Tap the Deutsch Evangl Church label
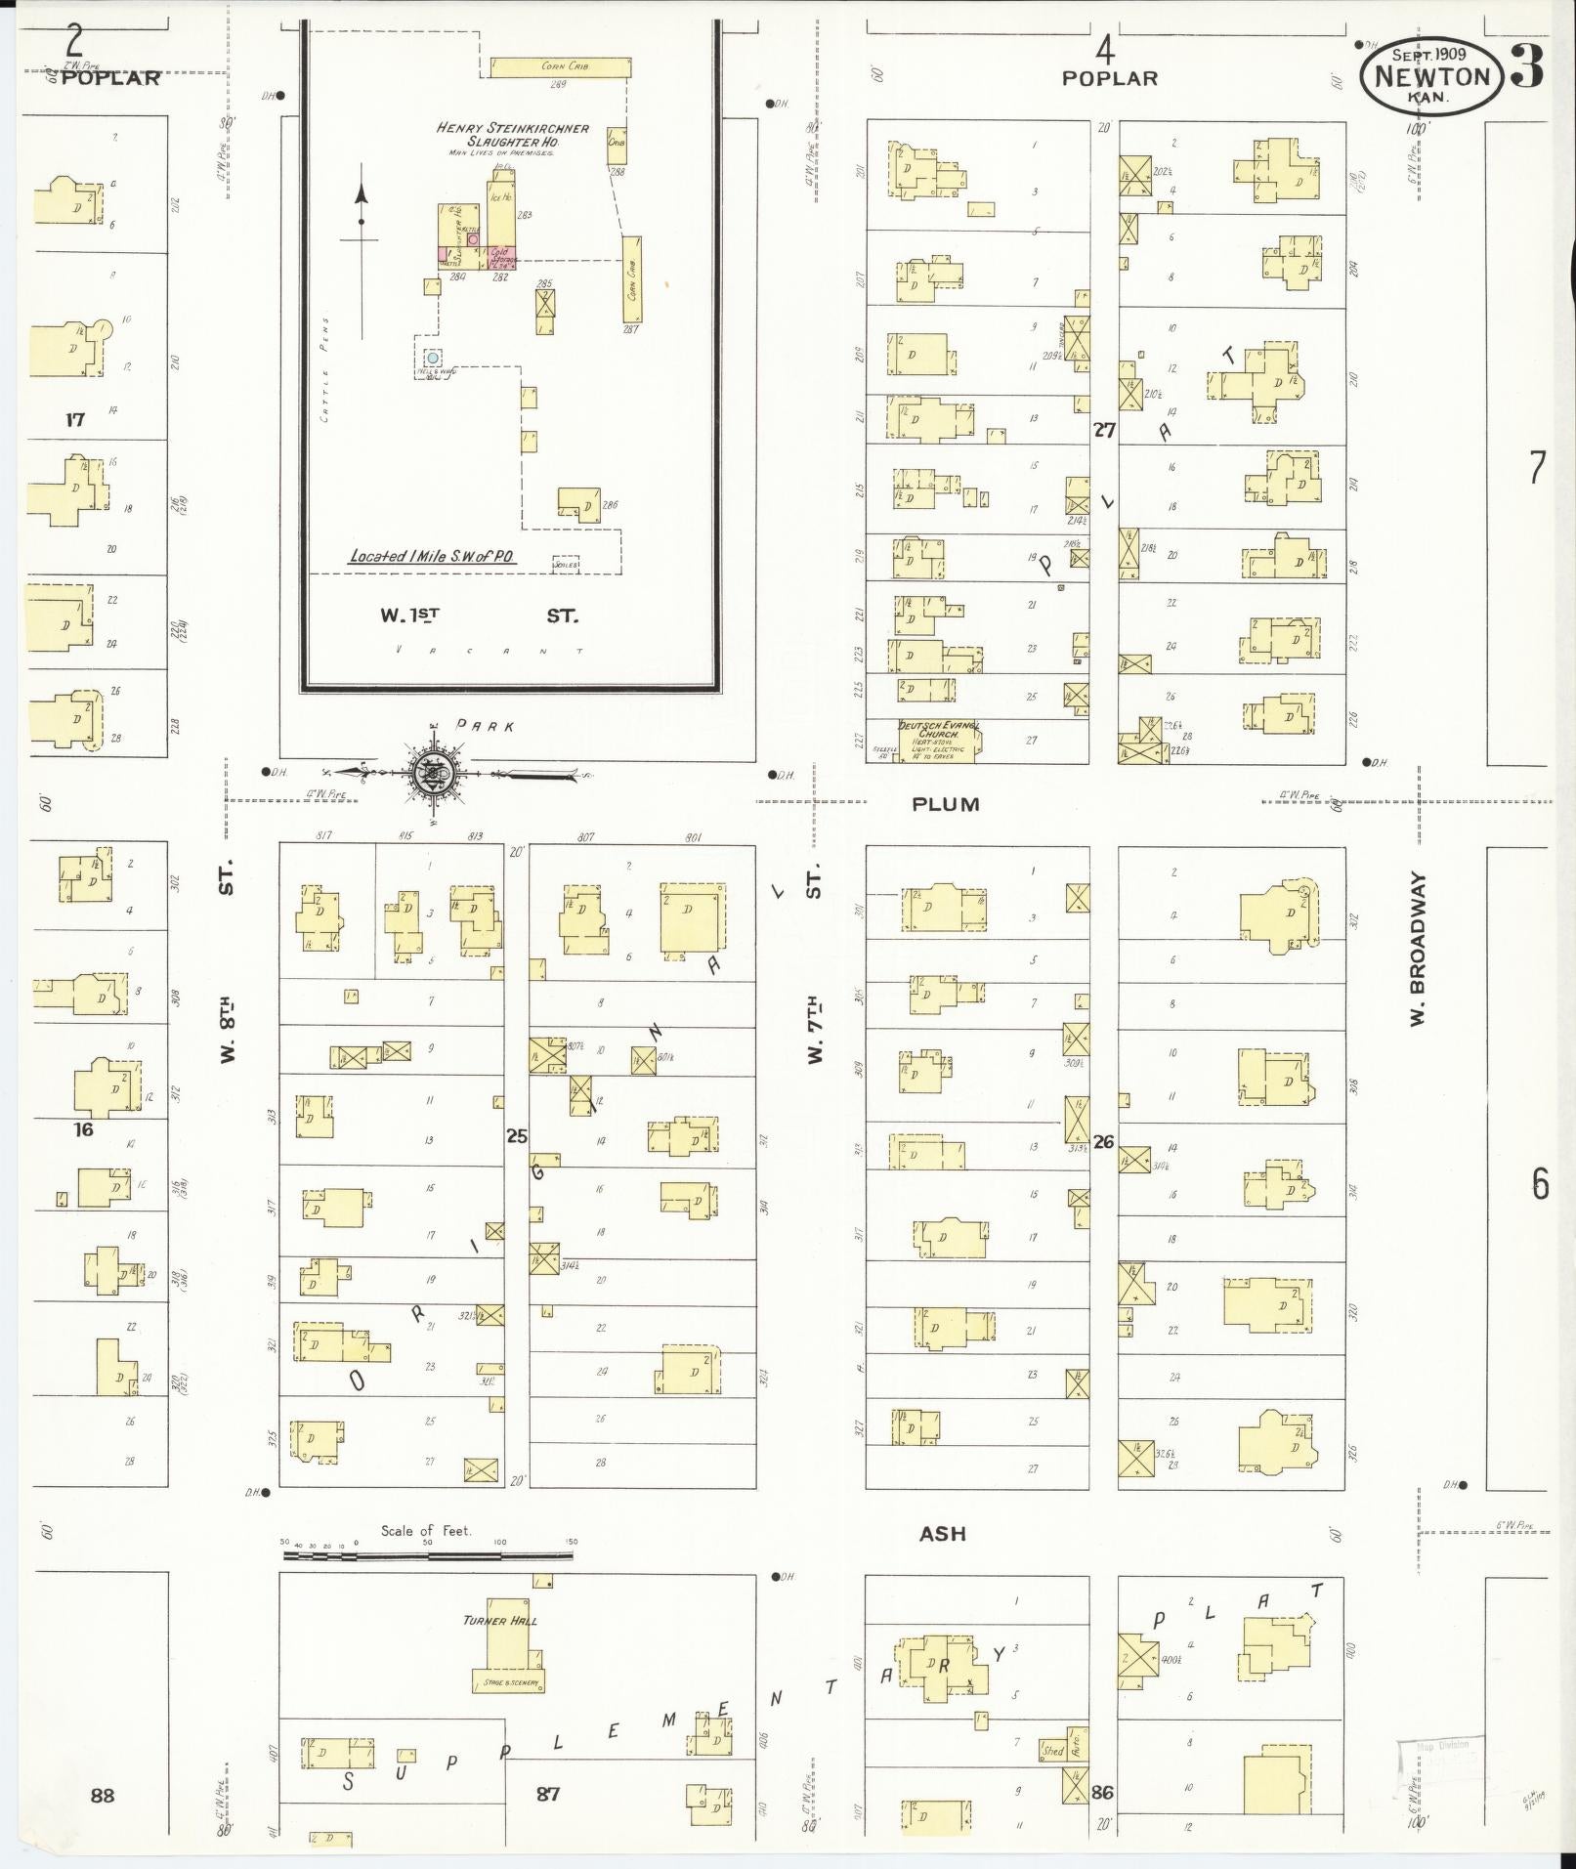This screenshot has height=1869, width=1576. click(x=939, y=731)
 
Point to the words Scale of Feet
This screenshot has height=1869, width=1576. click(x=426, y=1531)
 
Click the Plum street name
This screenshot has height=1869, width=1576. click(x=945, y=805)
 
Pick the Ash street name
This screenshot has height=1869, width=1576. click(x=942, y=1534)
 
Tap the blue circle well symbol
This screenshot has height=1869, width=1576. click(x=433, y=359)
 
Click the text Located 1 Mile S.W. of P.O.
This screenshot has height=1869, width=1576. click(x=433, y=557)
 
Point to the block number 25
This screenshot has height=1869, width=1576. click(x=516, y=1135)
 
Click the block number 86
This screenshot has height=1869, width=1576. click(x=1102, y=1793)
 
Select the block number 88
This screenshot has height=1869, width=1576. click(x=102, y=1795)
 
